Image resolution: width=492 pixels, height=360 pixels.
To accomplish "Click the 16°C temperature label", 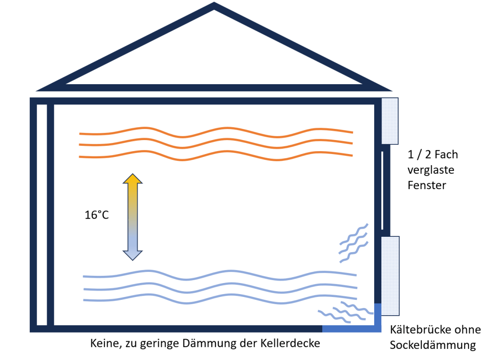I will (96, 215).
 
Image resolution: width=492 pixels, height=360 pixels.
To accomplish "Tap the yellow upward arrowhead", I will (133, 180).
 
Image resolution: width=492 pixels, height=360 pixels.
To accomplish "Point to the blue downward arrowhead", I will (133, 255).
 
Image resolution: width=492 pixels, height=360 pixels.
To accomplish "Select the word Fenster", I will (427, 185).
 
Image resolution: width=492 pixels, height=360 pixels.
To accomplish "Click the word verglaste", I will (430, 170).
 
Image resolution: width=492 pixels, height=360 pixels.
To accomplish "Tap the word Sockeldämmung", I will (432, 345).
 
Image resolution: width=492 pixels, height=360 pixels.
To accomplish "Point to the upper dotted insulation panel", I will (390, 121).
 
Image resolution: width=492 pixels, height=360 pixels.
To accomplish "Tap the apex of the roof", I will (214, 6).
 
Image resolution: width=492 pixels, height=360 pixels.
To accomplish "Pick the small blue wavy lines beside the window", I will (353, 243).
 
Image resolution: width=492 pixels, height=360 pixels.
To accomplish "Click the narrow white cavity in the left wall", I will (42, 214).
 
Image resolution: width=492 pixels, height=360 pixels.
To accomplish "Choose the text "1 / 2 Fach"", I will (432, 154).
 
